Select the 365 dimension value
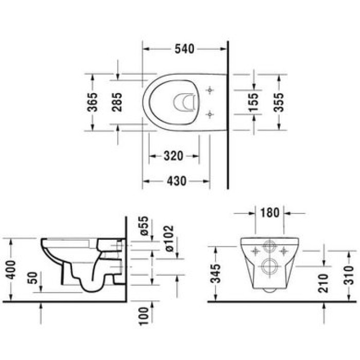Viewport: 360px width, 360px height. pos(93,102)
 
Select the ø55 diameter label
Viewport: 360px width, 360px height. pos(145,226)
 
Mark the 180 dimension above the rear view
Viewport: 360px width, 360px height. pos(270,212)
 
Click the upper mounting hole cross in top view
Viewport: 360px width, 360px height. pos(209,90)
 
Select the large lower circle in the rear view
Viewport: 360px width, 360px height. pos(269,266)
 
